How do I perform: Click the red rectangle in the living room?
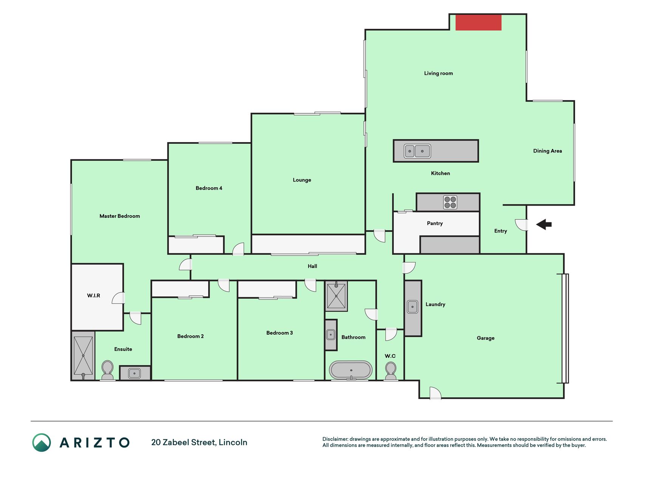pos(478,22)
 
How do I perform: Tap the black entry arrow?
pos(544,224)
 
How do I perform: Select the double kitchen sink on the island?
pos(417,151)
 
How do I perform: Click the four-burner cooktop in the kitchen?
pos(450,202)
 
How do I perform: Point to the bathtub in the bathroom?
pos(351,370)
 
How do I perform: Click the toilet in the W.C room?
pos(391,371)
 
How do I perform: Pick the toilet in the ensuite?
pos(108,370)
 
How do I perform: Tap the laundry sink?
pos(413,307)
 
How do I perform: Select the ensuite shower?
pos(83,356)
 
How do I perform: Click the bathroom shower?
pos(336,296)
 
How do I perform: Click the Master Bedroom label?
pos(120,216)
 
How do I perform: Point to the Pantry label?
pos(435,223)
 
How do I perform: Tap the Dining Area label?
pos(548,151)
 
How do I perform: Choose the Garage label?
pos(486,338)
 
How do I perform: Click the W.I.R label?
pos(94,295)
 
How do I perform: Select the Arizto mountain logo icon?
pos(42,442)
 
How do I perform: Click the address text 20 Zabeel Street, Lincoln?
pos(199,442)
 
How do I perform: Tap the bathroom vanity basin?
pos(331,335)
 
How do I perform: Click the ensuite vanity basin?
pos(135,374)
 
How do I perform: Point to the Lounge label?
pos(302,180)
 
